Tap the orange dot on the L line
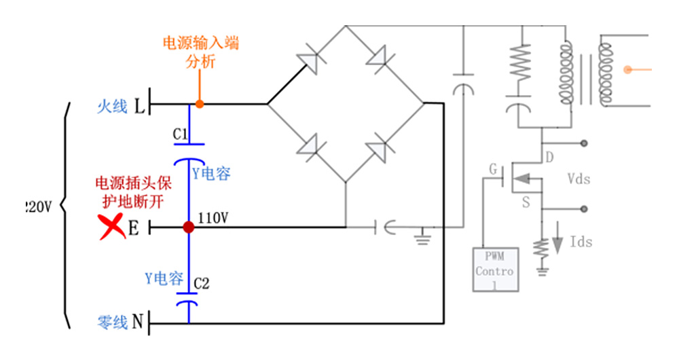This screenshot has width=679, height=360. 199,104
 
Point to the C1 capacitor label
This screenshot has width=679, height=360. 181,134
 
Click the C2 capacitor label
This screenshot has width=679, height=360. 201,283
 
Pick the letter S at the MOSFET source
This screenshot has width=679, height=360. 526,202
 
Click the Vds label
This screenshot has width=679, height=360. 579,179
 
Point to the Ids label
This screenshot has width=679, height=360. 581,242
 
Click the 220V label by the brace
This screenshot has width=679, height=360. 37,206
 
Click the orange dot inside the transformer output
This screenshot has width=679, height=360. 629,69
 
